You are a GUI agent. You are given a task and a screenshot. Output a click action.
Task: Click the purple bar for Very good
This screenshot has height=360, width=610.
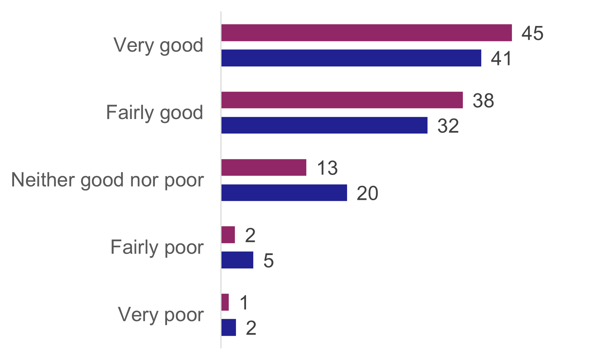click(x=366, y=33)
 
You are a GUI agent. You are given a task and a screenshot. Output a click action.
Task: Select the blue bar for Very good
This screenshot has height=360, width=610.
click(x=351, y=58)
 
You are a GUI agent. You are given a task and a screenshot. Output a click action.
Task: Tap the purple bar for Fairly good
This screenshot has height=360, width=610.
click(x=342, y=100)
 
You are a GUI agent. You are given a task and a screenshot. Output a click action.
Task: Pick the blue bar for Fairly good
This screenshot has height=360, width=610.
click(x=324, y=125)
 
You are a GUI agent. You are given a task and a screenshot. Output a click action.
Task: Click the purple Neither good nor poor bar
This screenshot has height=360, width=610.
click(x=264, y=167)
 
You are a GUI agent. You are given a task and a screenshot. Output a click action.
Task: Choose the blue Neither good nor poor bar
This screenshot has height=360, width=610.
click(x=284, y=193)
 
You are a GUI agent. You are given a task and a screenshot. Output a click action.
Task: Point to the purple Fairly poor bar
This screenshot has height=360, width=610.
click(x=228, y=235)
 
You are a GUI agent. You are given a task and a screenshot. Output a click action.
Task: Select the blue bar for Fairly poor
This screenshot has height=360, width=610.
click(x=237, y=260)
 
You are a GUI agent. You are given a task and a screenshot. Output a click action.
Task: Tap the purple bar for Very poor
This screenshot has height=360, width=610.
click(x=225, y=302)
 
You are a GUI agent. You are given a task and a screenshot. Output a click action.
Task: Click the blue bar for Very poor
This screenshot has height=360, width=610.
click(x=228, y=328)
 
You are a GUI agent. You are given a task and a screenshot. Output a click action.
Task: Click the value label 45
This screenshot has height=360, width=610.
click(x=532, y=33)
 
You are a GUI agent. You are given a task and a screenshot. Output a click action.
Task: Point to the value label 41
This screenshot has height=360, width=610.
click(x=501, y=58)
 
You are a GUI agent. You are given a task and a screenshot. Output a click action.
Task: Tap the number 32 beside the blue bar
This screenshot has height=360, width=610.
click(x=448, y=126)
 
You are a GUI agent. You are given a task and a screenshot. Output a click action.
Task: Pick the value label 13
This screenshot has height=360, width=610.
click(x=327, y=168)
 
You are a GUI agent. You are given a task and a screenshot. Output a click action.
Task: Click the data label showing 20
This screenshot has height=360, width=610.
click(x=367, y=193)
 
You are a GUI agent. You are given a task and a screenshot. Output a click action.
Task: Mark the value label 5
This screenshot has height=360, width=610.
click(x=268, y=260)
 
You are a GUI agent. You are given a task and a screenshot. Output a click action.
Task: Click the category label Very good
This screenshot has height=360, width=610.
click(x=158, y=45)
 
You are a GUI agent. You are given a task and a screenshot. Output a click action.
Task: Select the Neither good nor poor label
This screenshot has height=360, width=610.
click(x=107, y=180)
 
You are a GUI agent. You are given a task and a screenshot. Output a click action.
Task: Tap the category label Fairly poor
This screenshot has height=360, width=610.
click(x=157, y=247)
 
